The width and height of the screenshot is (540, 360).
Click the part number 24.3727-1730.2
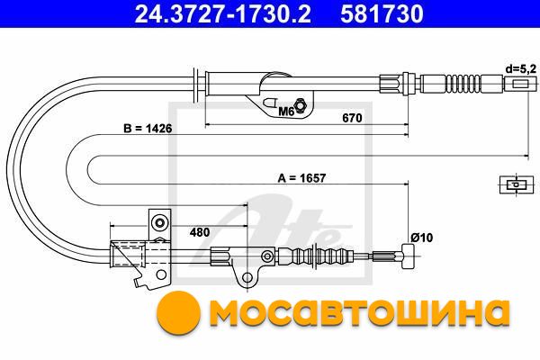click(223, 14)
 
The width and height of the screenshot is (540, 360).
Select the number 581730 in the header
click(382, 14)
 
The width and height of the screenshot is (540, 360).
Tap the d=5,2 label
click(521, 69)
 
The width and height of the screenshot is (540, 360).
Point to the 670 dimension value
click(352, 118)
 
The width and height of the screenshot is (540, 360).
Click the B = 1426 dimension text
click(148, 129)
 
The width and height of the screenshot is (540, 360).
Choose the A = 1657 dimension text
click(301, 178)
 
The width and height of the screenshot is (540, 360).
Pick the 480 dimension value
click(200, 232)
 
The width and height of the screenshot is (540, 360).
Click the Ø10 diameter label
click(421, 238)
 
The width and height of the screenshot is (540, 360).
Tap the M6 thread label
click(285, 112)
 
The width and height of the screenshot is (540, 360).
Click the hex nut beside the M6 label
click(300, 104)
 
